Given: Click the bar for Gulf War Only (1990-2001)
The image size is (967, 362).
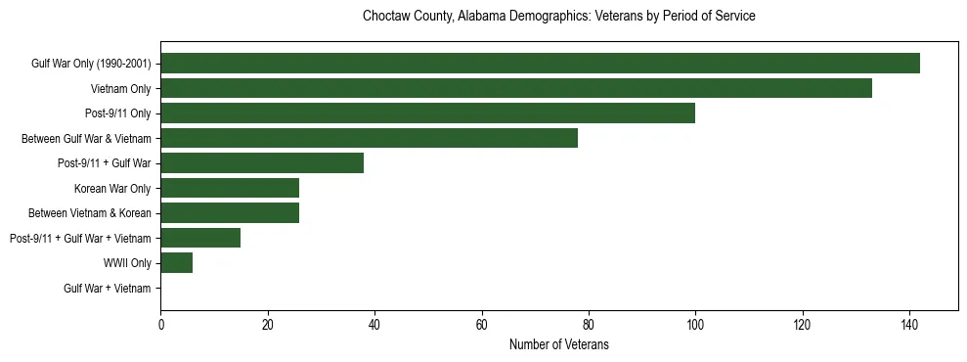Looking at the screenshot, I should tap(540, 64).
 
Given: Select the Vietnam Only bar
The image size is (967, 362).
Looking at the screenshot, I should tap(516, 88).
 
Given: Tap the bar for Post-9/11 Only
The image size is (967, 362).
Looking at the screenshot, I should tap(427, 113).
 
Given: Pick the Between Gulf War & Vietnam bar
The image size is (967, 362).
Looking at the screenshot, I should tap(369, 138).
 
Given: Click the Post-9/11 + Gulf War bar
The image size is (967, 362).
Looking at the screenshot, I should tap(262, 163).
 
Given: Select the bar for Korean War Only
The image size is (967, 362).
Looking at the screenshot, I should tap(230, 188).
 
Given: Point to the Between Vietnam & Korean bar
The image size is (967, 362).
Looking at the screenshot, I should tap(230, 213).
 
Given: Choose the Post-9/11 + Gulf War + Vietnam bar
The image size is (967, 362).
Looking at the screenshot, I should tap(200, 238).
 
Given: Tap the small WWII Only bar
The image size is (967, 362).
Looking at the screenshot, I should tap(176, 263).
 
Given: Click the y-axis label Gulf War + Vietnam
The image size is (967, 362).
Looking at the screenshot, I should tap(108, 289).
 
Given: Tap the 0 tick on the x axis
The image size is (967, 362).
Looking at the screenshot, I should tap(160, 324).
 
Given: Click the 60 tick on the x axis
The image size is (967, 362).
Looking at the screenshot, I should tap(481, 324).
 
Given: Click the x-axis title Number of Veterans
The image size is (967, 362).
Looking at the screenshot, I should tap(558, 344).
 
